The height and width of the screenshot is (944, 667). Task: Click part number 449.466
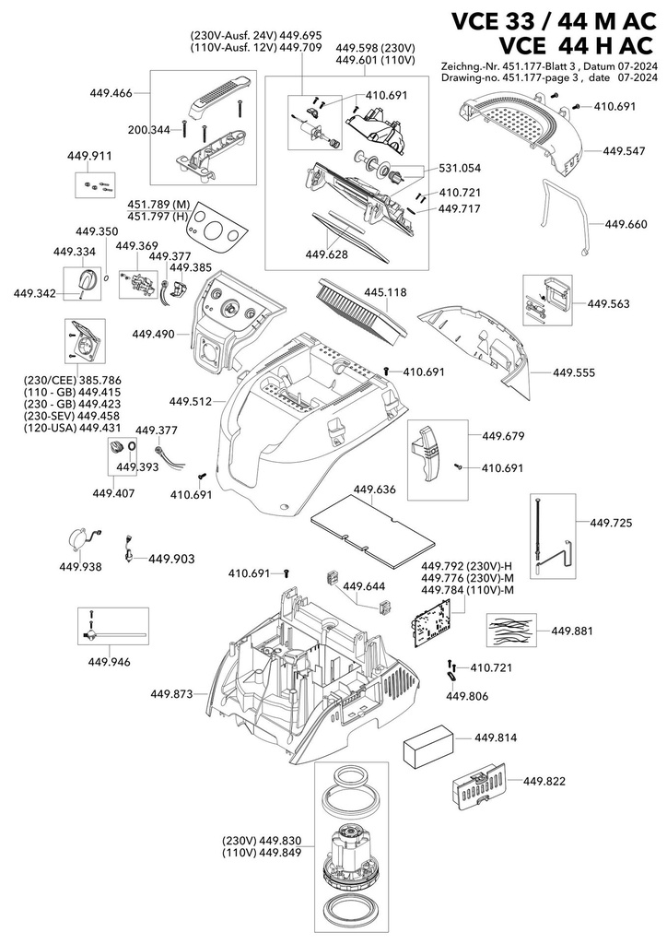111,93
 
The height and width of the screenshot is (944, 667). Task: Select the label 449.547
625,151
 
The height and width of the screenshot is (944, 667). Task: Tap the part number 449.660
626,225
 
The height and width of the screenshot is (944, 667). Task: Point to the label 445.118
385,292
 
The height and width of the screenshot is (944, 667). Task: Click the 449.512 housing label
191,401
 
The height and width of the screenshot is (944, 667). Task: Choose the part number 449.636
375,490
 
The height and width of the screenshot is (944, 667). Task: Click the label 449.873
171,694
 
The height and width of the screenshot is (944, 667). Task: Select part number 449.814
496,738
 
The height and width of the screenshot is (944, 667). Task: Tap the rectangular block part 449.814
427,747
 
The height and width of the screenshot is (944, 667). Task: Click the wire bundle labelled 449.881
511,631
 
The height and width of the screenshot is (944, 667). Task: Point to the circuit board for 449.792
434,628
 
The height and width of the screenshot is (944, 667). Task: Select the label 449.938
80,567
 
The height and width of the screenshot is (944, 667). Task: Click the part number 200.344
148,129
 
